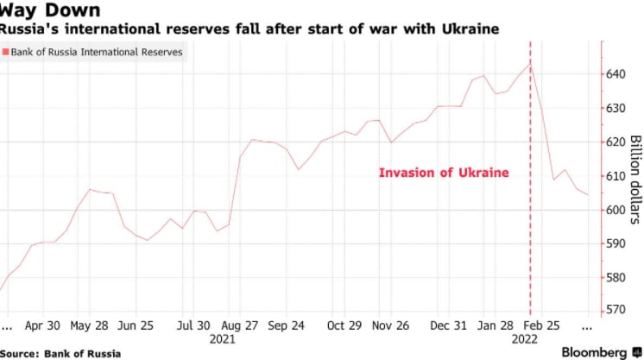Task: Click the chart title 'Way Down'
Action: (50, 11)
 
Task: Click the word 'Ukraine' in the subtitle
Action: (470, 30)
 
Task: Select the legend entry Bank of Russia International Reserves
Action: (96, 53)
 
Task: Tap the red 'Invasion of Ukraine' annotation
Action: (444, 173)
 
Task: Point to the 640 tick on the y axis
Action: (614, 74)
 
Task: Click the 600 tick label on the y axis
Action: (614, 210)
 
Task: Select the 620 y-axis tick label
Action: (614, 142)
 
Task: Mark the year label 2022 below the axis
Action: (523, 340)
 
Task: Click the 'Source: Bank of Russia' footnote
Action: (60, 353)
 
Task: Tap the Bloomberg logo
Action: (595, 352)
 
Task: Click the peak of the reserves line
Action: (530, 62)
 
